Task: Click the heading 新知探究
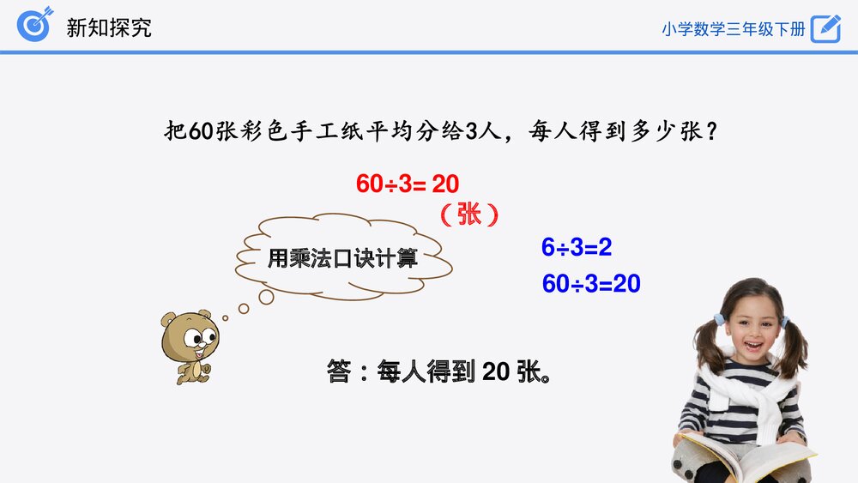coord(109,27)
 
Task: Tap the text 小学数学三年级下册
coord(734,28)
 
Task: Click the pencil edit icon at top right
coord(825,27)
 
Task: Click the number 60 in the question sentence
coord(200,132)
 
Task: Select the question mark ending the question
coord(712,132)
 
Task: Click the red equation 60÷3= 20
coord(408,183)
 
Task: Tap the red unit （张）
coord(468,214)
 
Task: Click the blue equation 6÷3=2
coord(576,248)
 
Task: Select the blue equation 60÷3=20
coord(591,284)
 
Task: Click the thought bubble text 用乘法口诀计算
coord(342,257)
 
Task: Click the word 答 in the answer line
coord(338,372)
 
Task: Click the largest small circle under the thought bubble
coord(266,296)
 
